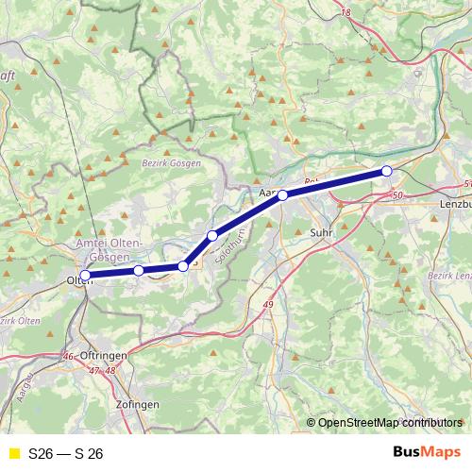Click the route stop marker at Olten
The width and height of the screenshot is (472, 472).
pos(86,276)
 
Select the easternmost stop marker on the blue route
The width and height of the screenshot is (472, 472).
pos(386,171)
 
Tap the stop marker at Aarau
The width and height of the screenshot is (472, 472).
pos(282,195)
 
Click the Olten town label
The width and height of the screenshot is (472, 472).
pos(78,280)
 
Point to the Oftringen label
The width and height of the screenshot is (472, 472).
pos(105,354)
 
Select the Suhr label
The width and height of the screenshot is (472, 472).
pos(321,230)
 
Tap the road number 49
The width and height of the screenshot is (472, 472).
pos(268,304)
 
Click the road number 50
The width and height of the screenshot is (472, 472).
pos(396,194)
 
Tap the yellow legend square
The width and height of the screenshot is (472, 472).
pos(13,453)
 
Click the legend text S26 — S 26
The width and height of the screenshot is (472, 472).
pos(66,453)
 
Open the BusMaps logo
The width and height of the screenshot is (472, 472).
pos(425,452)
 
